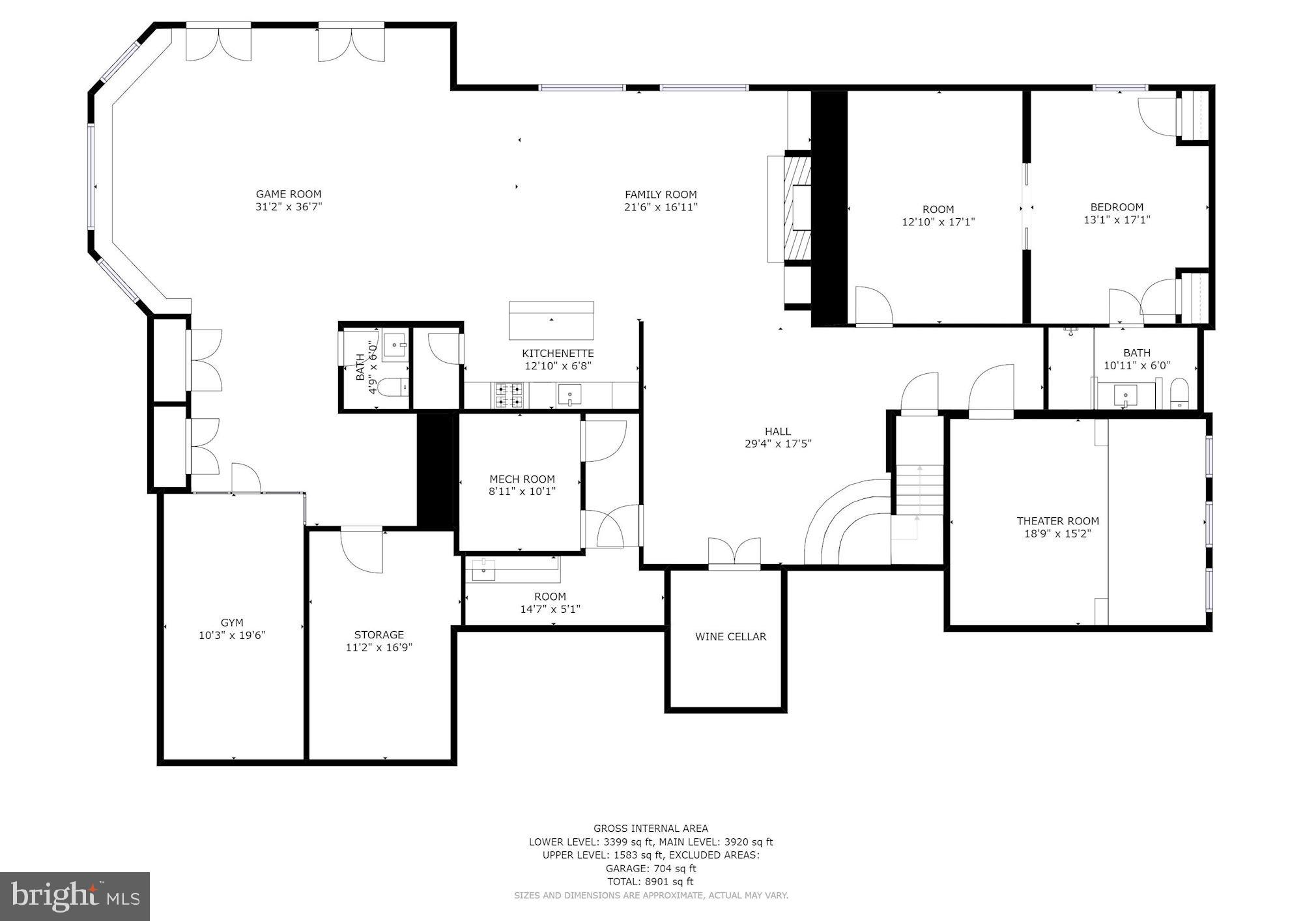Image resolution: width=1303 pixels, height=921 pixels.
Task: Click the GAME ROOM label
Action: tap(288, 193)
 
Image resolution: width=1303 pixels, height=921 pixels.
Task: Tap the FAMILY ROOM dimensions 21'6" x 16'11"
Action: tap(661, 207)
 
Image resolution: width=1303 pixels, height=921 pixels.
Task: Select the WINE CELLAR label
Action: tap(730, 636)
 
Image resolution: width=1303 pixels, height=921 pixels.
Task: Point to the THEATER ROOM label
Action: tap(1057, 520)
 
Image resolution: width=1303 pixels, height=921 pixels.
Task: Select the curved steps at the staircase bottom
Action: tap(844, 524)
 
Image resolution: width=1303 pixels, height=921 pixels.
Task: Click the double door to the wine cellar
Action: tap(734, 554)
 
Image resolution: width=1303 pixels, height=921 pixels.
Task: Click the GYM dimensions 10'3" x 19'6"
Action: tap(232, 635)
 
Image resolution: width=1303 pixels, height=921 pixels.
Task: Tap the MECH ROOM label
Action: tap(522, 479)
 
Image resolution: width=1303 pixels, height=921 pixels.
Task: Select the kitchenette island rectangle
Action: tap(551, 320)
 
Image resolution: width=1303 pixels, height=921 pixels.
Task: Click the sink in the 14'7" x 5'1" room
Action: tap(483, 569)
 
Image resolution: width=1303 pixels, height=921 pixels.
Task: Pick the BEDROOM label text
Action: tap(1117, 207)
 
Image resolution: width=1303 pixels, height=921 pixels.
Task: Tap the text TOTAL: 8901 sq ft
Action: tap(650, 881)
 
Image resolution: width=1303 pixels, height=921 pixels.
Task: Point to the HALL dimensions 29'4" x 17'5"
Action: tap(778, 444)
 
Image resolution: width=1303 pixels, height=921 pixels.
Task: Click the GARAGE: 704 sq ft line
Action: tap(650, 868)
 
